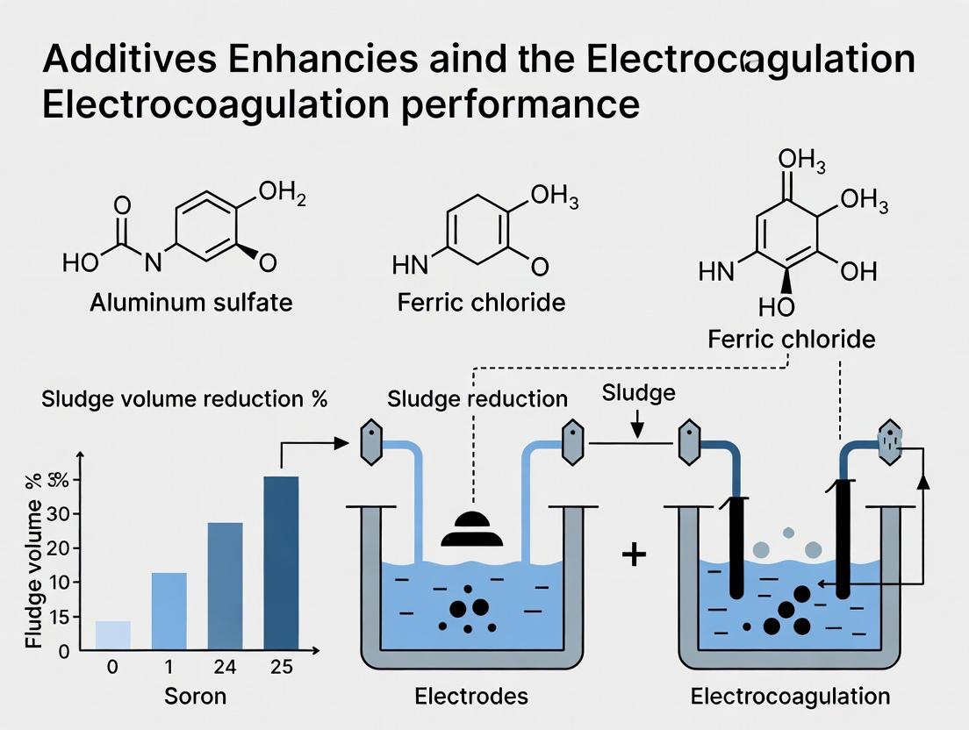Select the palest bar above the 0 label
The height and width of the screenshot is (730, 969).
112,635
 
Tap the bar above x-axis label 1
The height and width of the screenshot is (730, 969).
169,612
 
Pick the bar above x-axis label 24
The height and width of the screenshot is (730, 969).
225,586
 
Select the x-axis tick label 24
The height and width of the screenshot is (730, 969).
225,667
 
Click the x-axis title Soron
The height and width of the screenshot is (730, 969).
195,697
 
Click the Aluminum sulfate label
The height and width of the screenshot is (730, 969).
191,304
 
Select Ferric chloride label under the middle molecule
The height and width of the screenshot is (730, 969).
481,304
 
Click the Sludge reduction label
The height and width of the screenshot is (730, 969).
477,399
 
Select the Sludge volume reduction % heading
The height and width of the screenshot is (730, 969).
184,399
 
